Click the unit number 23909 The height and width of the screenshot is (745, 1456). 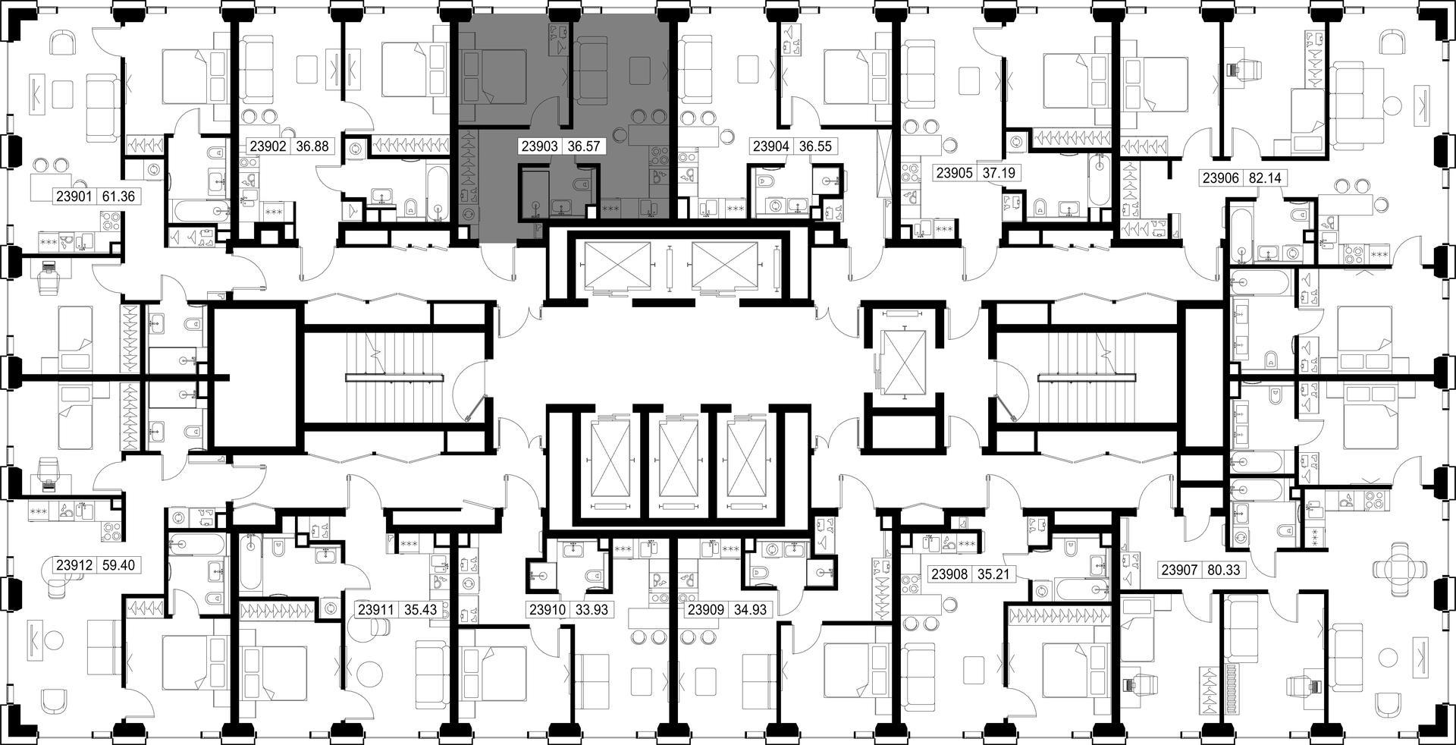pos(705,609)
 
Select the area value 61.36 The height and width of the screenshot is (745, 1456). pos(118,196)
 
